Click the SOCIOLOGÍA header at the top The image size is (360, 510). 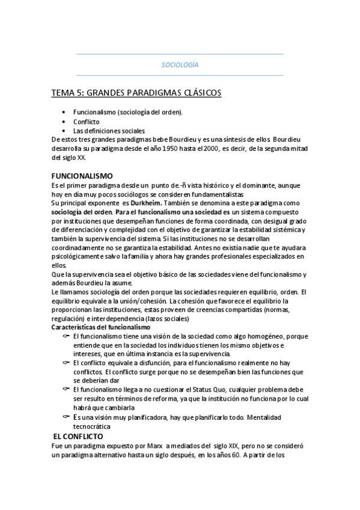click(180, 64)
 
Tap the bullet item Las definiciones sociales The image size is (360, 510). click(109, 131)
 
